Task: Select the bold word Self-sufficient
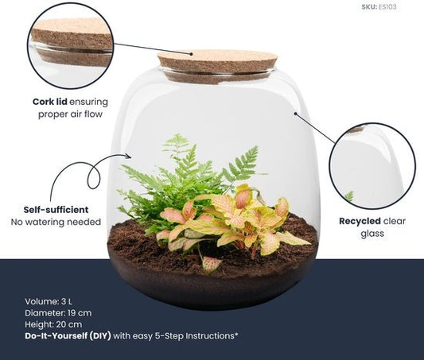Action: click(56, 209)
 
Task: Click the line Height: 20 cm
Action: click(53, 324)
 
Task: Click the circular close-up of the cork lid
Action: click(70, 45)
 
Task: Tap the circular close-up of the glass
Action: click(371, 165)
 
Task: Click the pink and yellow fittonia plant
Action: click(239, 223)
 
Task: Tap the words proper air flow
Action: click(73, 114)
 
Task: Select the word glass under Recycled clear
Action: click(371, 234)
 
